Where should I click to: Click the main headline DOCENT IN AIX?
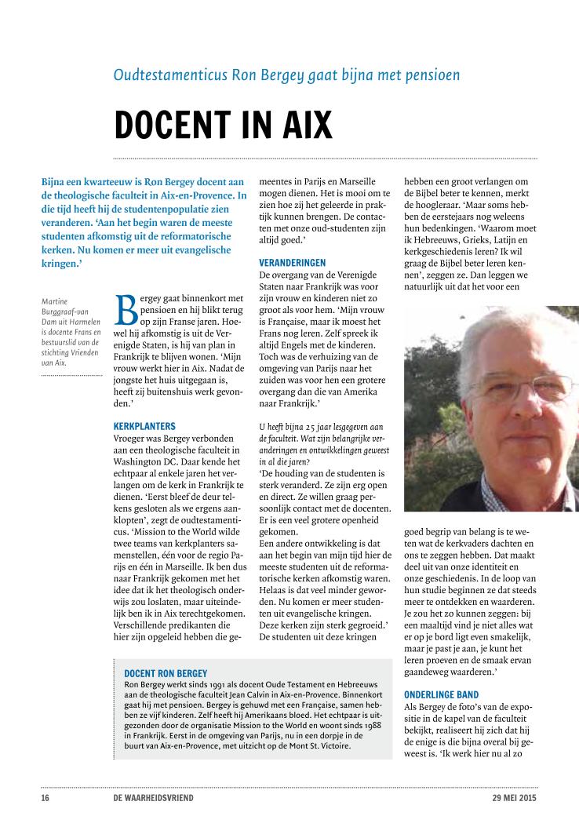point(223,125)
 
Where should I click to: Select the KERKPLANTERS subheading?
point(144,426)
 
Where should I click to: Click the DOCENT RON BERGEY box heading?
point(166,673)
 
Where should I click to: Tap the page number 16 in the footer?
point(46,798)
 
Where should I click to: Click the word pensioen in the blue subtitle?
point(428,75)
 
